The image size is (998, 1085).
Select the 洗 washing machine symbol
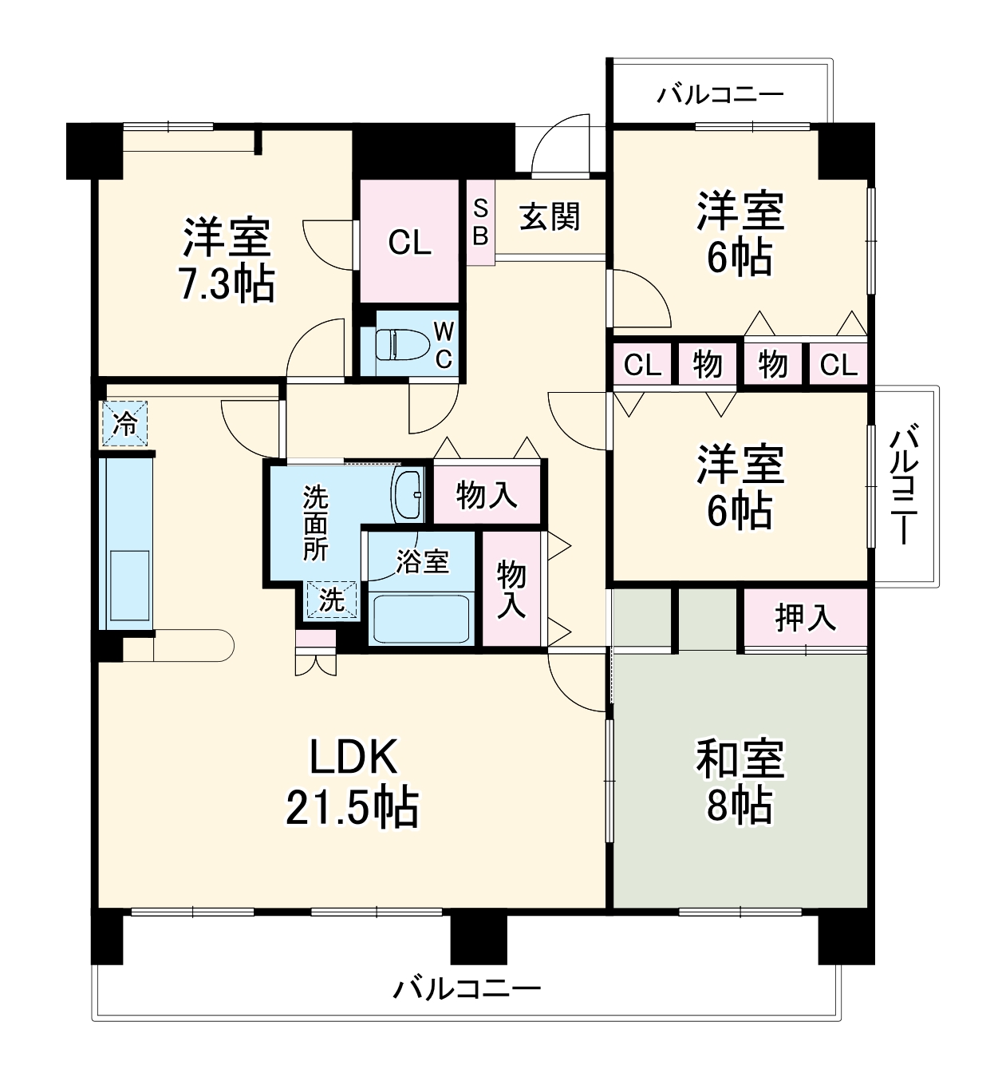pos(331,600)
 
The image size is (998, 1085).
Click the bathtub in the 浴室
pos(420,617)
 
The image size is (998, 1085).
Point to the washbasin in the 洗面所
pos(408,493)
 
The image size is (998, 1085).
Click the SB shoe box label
pos(480,222)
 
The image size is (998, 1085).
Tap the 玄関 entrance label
pos(550,217)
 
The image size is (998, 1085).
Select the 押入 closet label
pos(805,618)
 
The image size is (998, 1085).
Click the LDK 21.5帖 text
pos(353,782)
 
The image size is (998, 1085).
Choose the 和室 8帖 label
pos(740,782)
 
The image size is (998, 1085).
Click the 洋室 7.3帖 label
pos(227,259)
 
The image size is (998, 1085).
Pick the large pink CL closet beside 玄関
pos(410,241)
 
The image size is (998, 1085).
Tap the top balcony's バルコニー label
pos(720,96)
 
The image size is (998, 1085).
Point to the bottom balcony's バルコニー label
pos(467,990)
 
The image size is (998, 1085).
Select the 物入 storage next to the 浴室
pos(511,588)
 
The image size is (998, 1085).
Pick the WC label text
pos(443,345)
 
